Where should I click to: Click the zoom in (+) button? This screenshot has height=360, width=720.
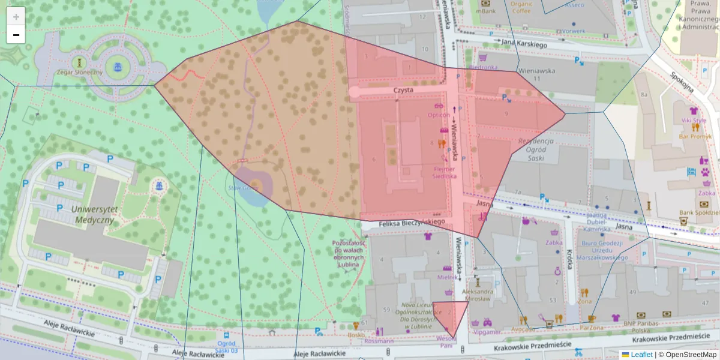coord(16,16)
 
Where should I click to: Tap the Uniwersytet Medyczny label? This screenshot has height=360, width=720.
coord(92,214)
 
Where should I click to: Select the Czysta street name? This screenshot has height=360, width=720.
coord(403,90)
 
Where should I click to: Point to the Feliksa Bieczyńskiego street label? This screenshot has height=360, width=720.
coord(411,223)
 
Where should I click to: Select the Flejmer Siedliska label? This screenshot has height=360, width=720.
coord(445,173)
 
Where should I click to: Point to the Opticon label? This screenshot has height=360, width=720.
coord(439,115)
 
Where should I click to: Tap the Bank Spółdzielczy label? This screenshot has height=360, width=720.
coord(699,212)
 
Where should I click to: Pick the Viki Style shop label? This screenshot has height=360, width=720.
coord(694,120)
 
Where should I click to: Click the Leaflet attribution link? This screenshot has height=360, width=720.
coord(641,355)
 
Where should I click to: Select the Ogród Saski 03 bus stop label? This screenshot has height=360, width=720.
coord(226,347)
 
